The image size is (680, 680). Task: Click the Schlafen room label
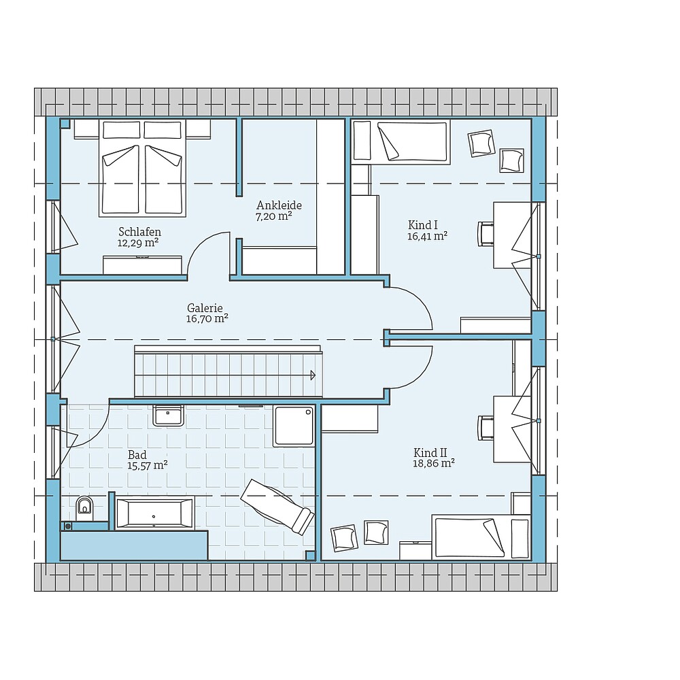139,232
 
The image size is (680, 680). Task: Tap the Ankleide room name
279,205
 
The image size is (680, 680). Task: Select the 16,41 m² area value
427,237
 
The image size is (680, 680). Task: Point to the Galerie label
205,308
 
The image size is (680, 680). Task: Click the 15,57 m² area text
148,465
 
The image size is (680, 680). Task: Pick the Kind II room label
430,452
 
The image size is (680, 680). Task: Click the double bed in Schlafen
142,170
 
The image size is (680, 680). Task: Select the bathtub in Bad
154,513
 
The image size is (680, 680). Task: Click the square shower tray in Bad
294,426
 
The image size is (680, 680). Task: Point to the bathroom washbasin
168,415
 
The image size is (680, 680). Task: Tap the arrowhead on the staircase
313,374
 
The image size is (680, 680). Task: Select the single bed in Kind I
401,141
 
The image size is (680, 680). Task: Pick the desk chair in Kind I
485,233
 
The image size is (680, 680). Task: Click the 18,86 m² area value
434,463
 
